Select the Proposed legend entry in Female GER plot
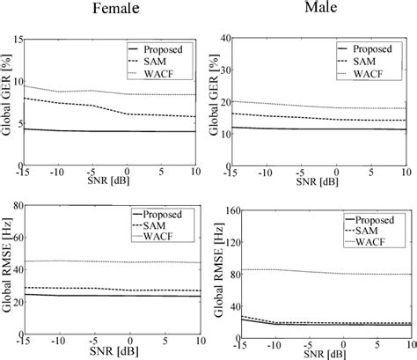169,48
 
